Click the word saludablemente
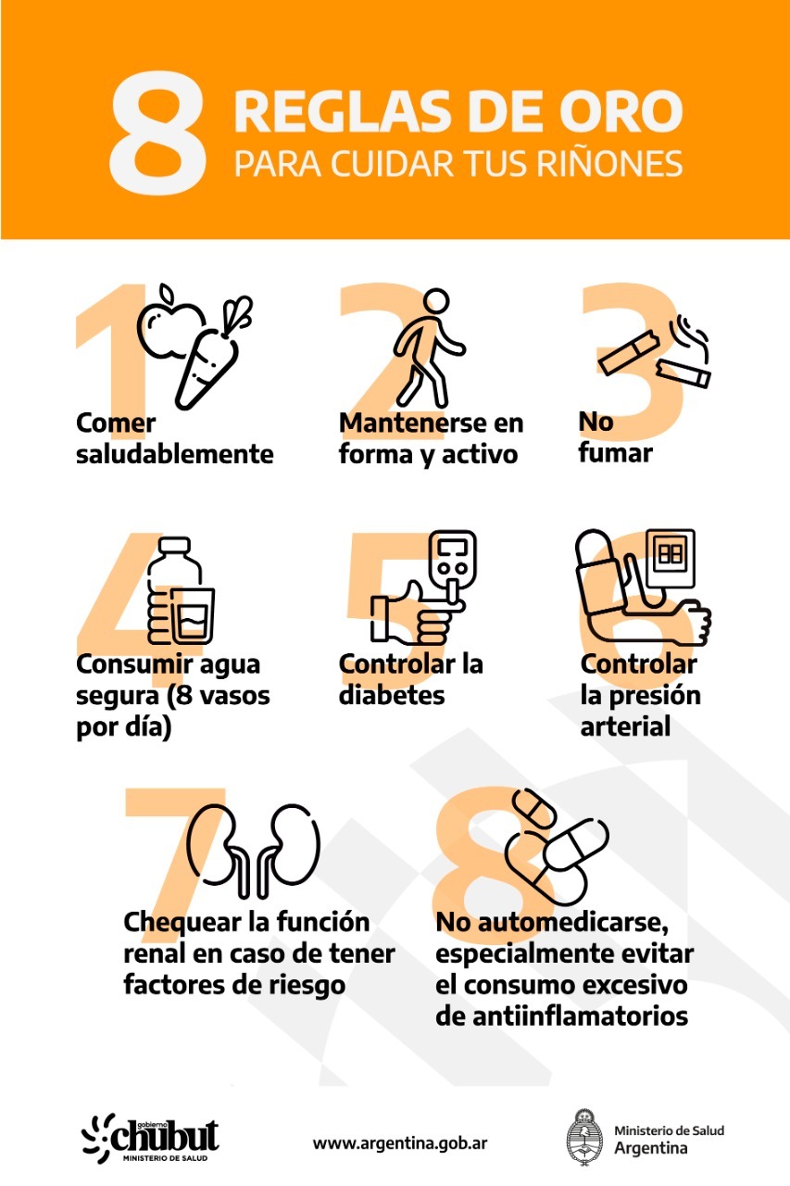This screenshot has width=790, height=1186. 175,454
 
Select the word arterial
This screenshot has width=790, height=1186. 625,726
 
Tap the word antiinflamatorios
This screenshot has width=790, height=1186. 561,1016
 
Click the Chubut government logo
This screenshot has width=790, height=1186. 152,1136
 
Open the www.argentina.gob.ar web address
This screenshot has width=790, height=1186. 400,1142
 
